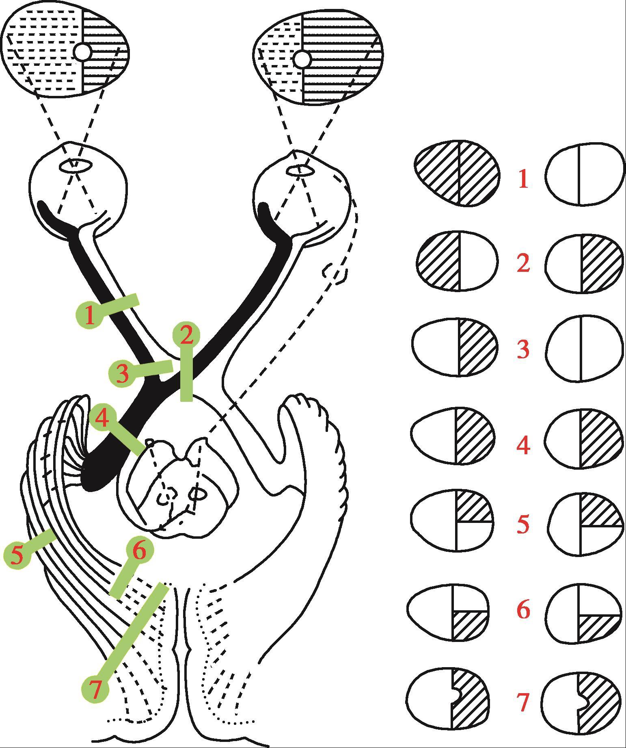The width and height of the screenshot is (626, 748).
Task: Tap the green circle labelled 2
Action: click(186, 335)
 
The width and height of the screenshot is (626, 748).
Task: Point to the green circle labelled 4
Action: click(102, 418)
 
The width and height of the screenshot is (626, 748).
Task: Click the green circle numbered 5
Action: click(17, 555)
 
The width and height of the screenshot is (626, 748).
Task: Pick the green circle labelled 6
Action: click(139, 551)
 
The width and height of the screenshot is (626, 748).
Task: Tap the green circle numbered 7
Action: click(95, 690)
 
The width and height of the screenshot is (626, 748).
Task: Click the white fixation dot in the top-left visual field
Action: click(83, 52)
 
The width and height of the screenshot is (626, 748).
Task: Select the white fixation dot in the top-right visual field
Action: click(302, 59)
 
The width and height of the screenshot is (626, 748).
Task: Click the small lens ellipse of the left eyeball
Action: click(76, 165)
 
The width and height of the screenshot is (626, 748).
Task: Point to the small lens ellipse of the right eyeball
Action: click(300, 171)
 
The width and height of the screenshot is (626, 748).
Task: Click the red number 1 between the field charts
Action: click(523, 179)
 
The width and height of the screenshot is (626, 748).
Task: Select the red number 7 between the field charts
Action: click(524, 702)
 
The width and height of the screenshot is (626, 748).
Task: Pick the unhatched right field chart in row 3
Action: click(584, 349)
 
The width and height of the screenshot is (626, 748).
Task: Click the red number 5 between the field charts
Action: click(523, 524)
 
